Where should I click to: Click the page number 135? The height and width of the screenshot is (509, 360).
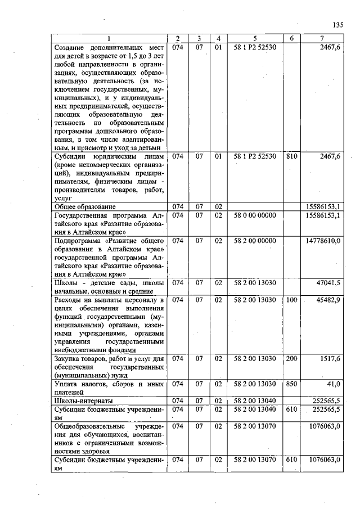(x=337, y=25)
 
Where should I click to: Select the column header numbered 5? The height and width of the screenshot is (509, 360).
(x=255, y=38)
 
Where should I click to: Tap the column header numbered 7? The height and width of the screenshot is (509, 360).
(x=322, y=38)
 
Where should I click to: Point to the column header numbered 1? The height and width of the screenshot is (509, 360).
(x=109, y=38)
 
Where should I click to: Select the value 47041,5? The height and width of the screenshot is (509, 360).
(x=328, y=283)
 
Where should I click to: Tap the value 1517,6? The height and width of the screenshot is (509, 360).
(x=330, y=359)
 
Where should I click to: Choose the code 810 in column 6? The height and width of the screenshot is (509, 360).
(x=291, y=156)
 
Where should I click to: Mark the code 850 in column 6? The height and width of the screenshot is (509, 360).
(x=291, y=384)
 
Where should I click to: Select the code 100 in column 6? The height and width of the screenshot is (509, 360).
(x=291, y=300)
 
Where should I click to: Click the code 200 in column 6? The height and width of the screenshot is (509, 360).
(x=291, y=359)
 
